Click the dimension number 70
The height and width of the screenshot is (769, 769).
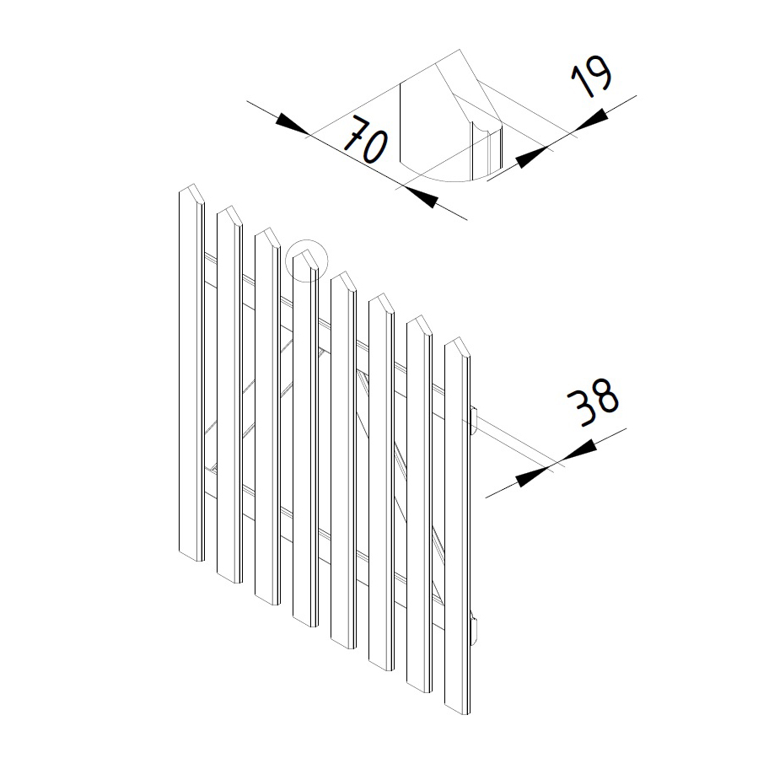coord(366,140)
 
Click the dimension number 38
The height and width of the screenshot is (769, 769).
coord(593,402)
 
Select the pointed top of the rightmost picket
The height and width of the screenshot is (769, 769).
coord(459,338)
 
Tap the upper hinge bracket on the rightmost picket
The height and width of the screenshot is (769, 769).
coord(473,422)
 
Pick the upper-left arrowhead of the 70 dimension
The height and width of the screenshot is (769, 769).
coord(293,125)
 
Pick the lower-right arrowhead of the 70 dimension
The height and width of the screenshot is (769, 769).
coord(421,197)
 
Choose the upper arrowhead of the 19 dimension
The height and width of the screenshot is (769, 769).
coord(590,120)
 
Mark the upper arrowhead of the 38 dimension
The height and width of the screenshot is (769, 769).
coord(578,451)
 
